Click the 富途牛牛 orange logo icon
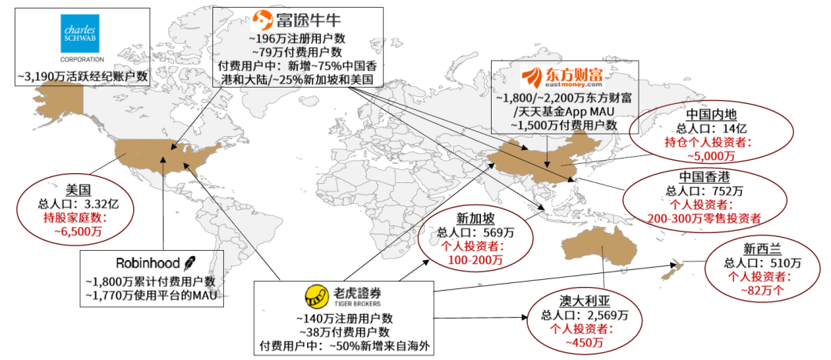click(x=262, y=18)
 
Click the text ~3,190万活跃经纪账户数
click(x=82, y=77)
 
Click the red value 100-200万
click(x=474, y=260)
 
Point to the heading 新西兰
click(x=762, y=248)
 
